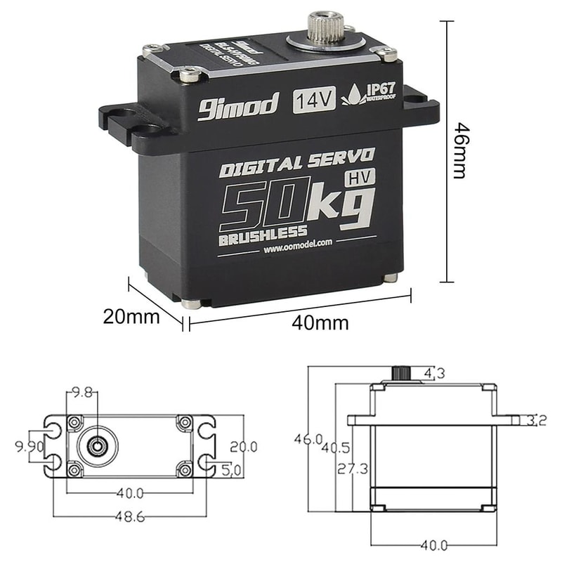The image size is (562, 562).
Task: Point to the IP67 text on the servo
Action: (379, 90)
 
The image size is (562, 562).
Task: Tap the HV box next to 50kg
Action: (359, 178)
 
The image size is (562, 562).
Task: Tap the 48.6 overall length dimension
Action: (130, 516)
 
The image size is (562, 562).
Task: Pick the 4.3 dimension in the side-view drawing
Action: (433, 374)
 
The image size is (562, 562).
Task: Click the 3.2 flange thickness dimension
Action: (539, 421)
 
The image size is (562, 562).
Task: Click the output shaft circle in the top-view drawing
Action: (96, 444)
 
